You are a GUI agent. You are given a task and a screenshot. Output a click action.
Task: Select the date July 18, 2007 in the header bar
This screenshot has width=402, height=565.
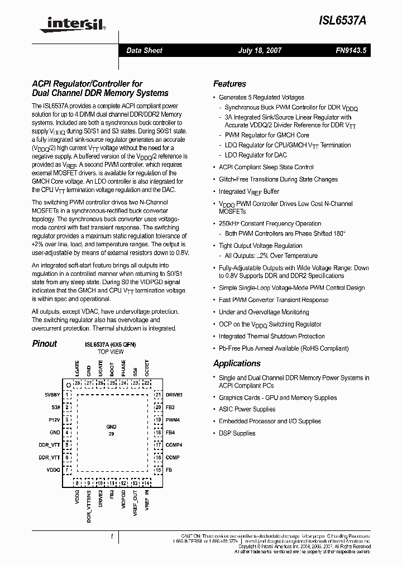coord(260,50)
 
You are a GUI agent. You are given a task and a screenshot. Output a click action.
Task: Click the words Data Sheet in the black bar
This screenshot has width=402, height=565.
coord(144,50)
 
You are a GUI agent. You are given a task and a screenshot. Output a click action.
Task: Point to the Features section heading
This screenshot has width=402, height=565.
coord(229,84)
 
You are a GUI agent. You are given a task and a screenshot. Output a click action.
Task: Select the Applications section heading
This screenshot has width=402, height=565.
coord(237,363)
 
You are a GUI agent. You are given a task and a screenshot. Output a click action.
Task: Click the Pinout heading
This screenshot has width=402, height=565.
coord(44,344)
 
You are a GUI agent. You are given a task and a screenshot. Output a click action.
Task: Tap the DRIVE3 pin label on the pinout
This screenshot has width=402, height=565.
coord(174,395)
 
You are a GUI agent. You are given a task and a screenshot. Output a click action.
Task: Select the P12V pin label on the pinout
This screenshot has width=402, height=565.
coord(54,420)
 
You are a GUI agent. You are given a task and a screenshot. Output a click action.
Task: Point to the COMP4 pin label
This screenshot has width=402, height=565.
coord(174,445)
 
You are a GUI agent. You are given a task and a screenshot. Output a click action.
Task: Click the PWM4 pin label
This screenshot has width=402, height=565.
coord(173,420)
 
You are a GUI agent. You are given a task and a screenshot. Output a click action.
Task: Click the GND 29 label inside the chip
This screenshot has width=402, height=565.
coord(111,430)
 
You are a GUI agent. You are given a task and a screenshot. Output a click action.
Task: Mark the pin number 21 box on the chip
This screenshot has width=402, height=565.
coord(158,395)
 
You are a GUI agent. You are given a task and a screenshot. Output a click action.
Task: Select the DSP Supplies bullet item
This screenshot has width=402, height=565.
coord(237,433)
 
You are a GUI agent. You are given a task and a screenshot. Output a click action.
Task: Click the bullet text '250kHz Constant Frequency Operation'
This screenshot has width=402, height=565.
coord(270,223)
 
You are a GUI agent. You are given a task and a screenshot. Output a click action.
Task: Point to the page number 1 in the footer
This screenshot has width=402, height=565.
coord(112,537)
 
